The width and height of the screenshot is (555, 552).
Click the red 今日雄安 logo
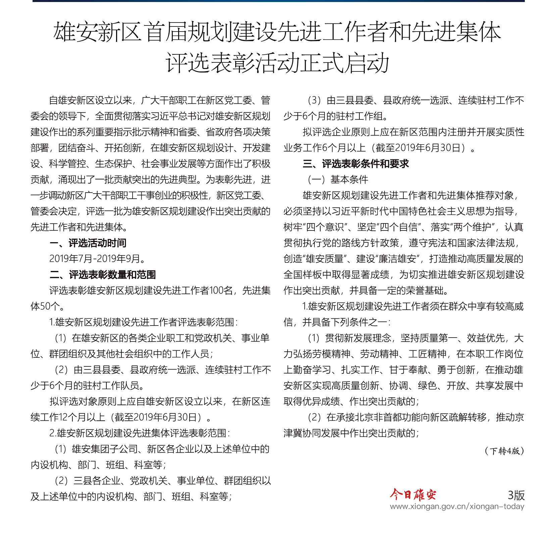pyautogui.click(x=413, y=494)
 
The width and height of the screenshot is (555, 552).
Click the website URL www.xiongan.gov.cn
pyautogui.click(x=457, y=506)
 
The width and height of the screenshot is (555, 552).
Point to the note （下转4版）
pyautogui.click(x=504, y=451)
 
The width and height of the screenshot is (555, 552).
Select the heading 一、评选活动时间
pyautogui.click(x=88, y=243)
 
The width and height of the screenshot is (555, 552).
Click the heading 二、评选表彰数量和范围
pyautogui.click(x=103, y=275)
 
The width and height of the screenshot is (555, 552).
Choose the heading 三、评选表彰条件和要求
pyautogui.click(x=356, y=164)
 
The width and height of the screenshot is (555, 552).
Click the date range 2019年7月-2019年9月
pyautogui.click(x=97, y=259)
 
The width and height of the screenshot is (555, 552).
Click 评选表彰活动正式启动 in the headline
pyautogui.click(x=277, y=63)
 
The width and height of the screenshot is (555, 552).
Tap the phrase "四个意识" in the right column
pyautogui.click(x=324, y=227)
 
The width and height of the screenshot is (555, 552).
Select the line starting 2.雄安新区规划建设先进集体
pyautogui.click(x=140, y=433)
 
